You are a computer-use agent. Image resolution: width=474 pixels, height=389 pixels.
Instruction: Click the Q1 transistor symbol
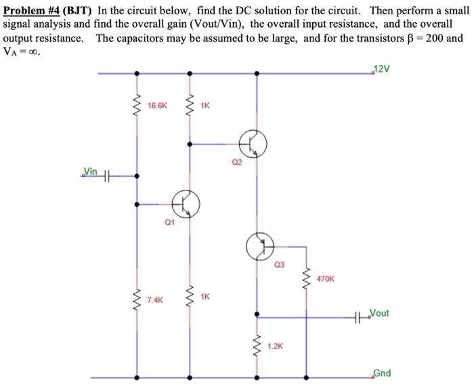click(x=186, y=202)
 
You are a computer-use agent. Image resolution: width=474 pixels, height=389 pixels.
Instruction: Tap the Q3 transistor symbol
click(x=259, y=245)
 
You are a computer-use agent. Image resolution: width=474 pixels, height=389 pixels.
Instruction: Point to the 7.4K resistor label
click(x=155, y=299)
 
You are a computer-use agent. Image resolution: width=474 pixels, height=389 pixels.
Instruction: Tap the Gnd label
click(x=381, y=373)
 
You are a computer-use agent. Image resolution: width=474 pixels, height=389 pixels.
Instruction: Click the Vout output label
click(x=380, y=314)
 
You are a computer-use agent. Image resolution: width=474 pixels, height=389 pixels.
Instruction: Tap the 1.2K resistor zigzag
click(x=256, y=346)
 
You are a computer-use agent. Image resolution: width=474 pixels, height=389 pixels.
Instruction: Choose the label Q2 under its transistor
click(x=236, y=163)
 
